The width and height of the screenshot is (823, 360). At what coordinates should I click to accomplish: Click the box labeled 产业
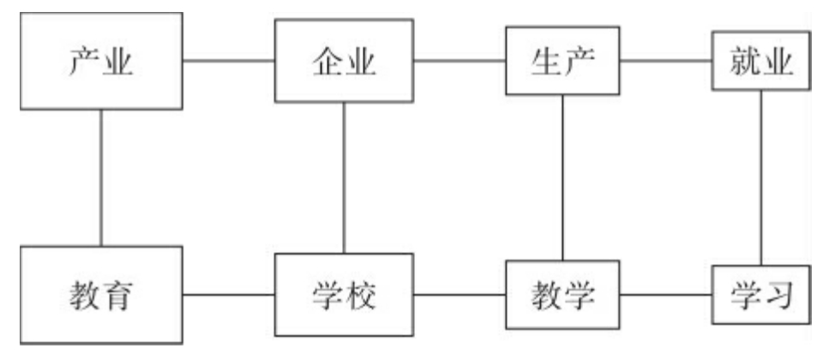tap(101, 61)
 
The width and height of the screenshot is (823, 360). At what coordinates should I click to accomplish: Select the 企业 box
tap(344, 61)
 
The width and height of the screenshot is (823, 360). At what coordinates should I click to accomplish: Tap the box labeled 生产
tap(562, 61)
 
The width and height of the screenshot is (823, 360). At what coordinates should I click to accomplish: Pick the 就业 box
tap(762, 61)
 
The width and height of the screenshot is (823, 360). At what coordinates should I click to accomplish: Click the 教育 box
tap(101, 295)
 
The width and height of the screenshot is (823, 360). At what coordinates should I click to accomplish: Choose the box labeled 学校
tap(344, 297)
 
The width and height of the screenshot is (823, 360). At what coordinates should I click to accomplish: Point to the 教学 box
tap(562, 297)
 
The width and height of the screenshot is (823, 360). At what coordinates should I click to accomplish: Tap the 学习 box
tap(762, 297)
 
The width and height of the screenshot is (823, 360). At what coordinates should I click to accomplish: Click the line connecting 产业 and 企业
tap(228, 61)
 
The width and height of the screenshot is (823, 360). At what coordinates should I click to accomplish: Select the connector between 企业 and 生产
tap(460, 61)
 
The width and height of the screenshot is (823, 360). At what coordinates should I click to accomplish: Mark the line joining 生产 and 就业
tap(667, 61)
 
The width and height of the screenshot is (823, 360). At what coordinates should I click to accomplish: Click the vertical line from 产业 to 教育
tap(101, 177)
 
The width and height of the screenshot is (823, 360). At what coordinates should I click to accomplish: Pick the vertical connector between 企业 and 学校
tap(344, 177)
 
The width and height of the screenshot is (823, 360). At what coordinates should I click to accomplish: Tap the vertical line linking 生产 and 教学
tap(562, 177)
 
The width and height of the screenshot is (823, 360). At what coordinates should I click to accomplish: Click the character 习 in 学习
tap(781, 297)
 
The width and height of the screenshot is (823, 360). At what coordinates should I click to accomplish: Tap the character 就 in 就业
tap(743, 61)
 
